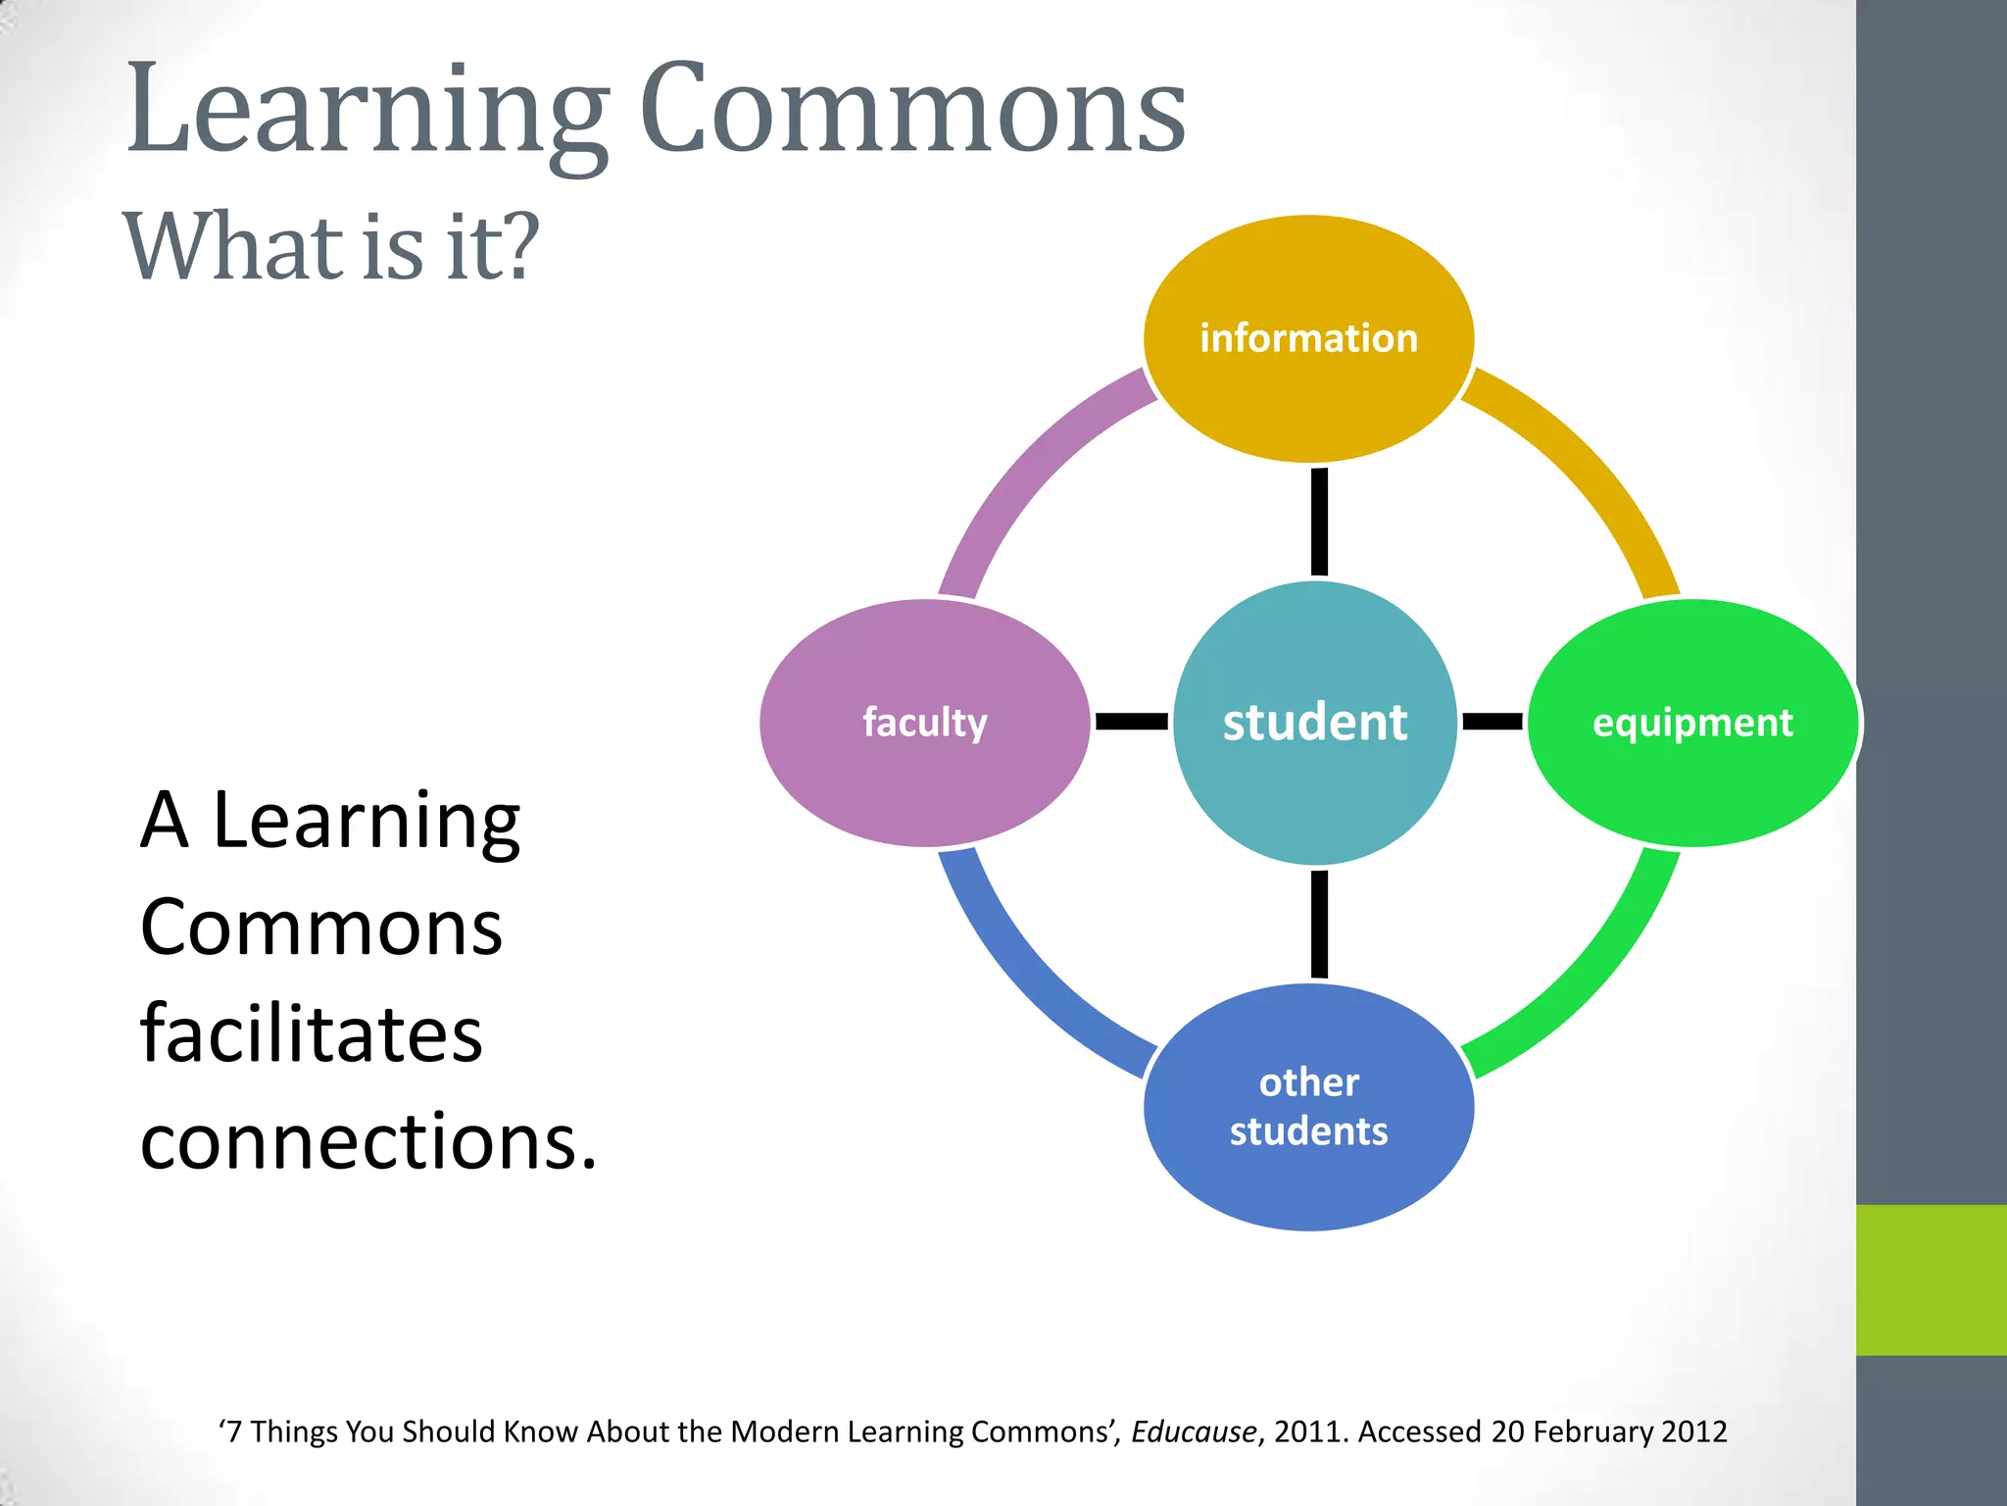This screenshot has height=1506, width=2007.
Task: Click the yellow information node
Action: point(1308,338)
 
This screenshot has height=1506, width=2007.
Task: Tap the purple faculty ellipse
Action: point(924,723)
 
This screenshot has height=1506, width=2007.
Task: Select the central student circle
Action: point(1314,723)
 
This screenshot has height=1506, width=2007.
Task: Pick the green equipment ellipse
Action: point(1692,723)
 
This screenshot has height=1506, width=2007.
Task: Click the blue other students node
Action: point(1308,1107)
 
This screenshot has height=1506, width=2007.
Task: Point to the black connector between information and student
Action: point(1319,522)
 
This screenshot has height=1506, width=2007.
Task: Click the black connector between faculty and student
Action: point(1131,722)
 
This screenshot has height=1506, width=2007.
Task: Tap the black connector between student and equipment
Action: point(1492,722)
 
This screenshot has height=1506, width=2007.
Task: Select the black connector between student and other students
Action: point(1319,924)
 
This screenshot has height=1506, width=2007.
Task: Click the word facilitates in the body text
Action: point(311,1033)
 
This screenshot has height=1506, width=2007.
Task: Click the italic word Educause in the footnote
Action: point(1193,1431)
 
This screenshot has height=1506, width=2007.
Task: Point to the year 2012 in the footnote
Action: point(1693,1431)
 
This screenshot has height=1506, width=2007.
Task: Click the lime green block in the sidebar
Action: point(1931,1280)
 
